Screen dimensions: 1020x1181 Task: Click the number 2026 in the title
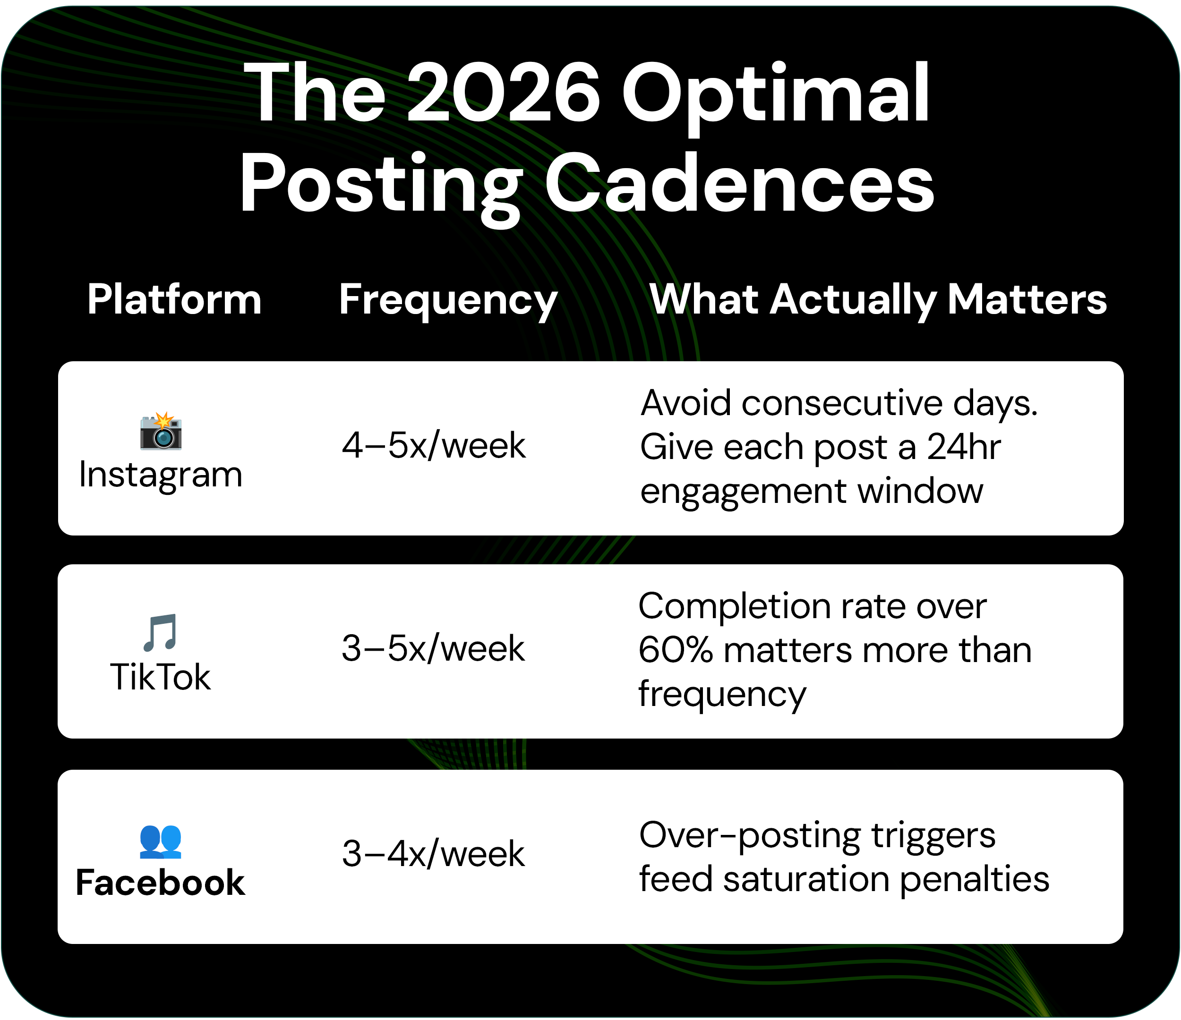pyautogui.click(x=503, y=93)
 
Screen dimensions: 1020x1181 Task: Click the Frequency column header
pyautogui.click(x=448, y=300)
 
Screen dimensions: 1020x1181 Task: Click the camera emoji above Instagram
pyautogui.click(x=161, y=431)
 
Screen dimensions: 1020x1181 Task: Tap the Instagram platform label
pyautogui.click(x=161, y=475)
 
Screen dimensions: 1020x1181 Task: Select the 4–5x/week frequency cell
pyautogui.click(x=433, y=446)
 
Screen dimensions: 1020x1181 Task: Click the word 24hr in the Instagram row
pyautogui.click(x=963, y=447)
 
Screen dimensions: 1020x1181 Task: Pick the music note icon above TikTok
pyautogui.click(x=161, y=632)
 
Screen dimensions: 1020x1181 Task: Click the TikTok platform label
pyautogui.click(x=161, y=678)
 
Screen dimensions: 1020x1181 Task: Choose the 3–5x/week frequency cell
pyautogui.click(x=433, y=648)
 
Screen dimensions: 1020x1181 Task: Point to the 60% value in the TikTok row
pyautogui.click(x=675, y=650)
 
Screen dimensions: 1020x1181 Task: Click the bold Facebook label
pyautogui.click(x=161, y=883)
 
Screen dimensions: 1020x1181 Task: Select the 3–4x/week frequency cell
pyautogui.click(x=433, y=854)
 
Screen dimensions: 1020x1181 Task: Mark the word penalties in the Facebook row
pyautogui.click(x=975, y=879)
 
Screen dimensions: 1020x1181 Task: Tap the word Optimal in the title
pyautogui.click(x=775, y=93)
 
